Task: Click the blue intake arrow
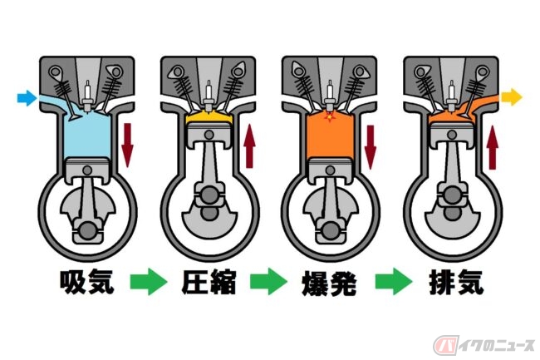coord(27,98)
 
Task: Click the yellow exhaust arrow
coord(512,96)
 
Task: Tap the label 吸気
coord(86,282)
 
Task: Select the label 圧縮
coord(209,282)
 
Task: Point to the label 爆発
coord(329,284)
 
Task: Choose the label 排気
coord(456,282)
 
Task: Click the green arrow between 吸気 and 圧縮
coord(149,282)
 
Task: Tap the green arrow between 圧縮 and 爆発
coord(268,282)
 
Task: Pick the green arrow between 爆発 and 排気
coord(394,282)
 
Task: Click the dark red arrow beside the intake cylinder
coord(127,145)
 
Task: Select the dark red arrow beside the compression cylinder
coord(249,146)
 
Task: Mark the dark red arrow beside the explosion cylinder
coord(371,147)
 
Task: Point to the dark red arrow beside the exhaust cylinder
coord(493,147)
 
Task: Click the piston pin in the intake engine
coord(88,170)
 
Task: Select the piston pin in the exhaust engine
coord(452,135)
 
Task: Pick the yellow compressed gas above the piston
coord(209,117)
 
